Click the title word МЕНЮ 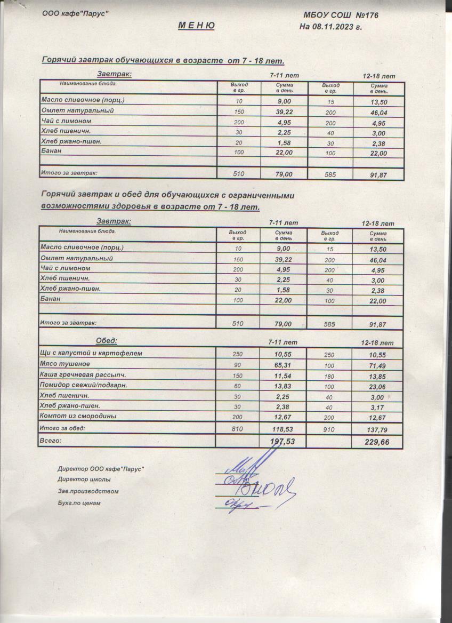(196, 26)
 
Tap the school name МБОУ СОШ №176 (341, 15)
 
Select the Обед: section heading (106, 341)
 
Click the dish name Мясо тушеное (65, 364)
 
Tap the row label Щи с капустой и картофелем (92, 353)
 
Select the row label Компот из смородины (78, 416)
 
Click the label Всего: (51, 441)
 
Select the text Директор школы (84, 480)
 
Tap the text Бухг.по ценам (79, 503)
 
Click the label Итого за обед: (63, 428)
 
